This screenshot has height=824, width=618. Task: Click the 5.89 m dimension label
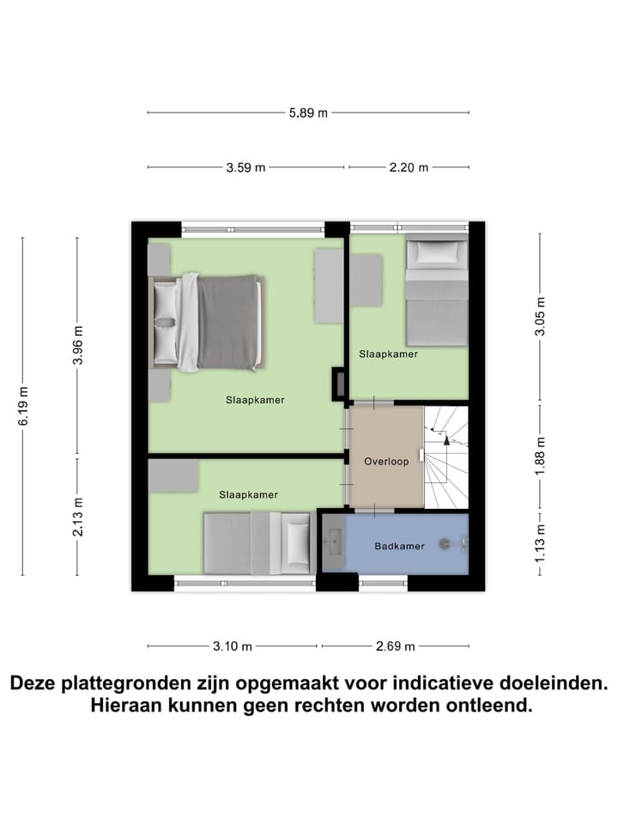pos(308,112)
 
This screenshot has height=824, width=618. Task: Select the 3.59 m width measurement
pos(245,167)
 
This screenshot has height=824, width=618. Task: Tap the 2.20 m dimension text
pos(409,167)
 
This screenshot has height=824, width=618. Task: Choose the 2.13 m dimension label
pos(78,517)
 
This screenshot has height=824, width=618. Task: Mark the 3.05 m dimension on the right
pos(540,318)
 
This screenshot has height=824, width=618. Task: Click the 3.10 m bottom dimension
pos(233,646)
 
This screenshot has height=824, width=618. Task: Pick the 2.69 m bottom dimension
pos(395,646)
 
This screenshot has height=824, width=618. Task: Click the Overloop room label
pos(385,461)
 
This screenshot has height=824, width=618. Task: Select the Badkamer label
pos(399,546)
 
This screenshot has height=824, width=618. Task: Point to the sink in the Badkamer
pos(333,542)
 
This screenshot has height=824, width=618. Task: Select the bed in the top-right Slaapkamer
pos(436,292)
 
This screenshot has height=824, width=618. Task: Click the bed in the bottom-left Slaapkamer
pos(256,542)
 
